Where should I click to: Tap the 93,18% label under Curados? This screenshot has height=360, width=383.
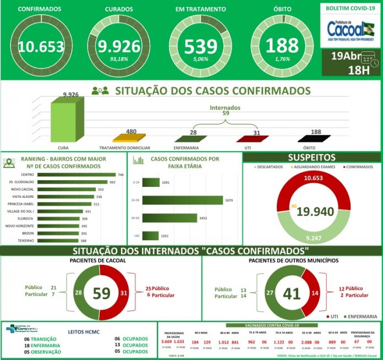click(119, 59)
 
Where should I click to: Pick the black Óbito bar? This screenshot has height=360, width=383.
click(315, 139)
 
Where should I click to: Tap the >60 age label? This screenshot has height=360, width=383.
click(136, 236)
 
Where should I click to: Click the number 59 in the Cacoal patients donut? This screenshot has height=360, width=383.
click(101, 293)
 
